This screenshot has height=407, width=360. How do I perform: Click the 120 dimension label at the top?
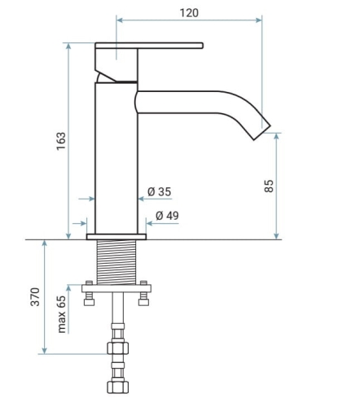coord(189,13)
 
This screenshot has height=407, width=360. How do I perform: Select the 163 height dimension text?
coord(61,141)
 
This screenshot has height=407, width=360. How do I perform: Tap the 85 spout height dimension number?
coord(269,186)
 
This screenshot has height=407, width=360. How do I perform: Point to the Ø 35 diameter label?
coord(160,191)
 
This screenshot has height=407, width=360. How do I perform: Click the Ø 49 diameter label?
coord(167,216)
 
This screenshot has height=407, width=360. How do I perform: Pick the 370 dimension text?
coord(35,297)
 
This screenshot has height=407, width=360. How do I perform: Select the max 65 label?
coord(62,314)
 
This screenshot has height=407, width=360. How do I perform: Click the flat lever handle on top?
coord(149,46)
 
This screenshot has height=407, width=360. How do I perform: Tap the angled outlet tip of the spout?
coord(261,133)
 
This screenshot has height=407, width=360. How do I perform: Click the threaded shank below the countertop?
coord(116,262)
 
